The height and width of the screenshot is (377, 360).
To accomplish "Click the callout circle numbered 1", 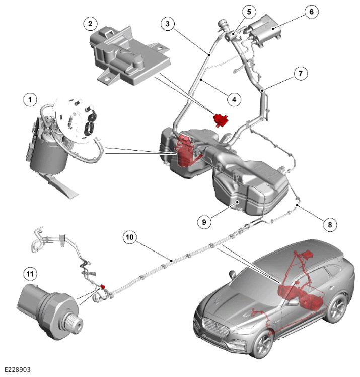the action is (x=30, y=99).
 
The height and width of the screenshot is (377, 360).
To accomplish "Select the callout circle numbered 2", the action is (x=90, y=24).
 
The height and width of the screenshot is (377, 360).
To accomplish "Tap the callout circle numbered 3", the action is (x=167, y=24).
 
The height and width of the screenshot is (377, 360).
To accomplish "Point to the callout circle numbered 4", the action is (x=234, y=99).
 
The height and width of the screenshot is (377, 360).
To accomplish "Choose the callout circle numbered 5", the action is (x=249, y=12).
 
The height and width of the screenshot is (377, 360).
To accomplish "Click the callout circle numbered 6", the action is (x=312, y=12).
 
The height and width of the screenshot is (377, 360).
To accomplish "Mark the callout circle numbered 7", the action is (x=301, y=73).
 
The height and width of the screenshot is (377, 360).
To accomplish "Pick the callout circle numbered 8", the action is (x=330, y=225).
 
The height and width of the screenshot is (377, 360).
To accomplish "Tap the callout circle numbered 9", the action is (x=204, y=222).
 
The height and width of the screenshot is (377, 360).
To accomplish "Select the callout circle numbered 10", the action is (x=130, y=237).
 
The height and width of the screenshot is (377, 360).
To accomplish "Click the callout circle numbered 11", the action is (x=30, y=274).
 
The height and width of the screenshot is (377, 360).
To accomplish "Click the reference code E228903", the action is (x=18, y=369).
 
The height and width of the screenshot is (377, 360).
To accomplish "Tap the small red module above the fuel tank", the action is (x=221, y=120).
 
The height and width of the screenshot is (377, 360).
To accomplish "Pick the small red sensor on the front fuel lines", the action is (x=103, y=286).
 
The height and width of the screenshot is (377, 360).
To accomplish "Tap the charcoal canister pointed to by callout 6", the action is (x=264, y=30).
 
